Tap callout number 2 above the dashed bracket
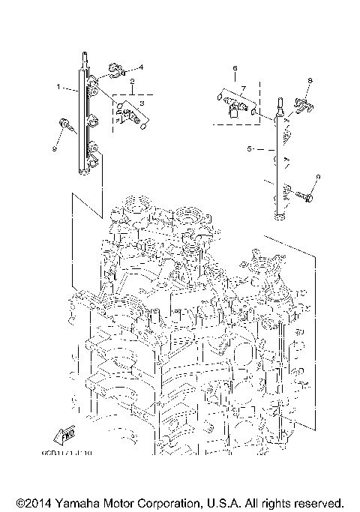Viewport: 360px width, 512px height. [132, 80]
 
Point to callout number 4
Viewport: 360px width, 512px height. [140, 67]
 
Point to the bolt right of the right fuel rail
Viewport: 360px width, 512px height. [306, 196]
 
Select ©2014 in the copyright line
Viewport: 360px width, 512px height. [32, 502]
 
